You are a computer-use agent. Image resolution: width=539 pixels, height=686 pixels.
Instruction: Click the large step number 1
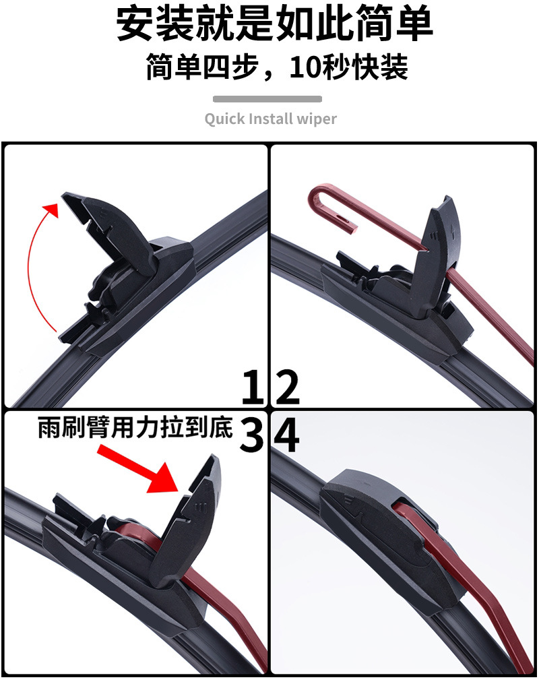tap(253, 387)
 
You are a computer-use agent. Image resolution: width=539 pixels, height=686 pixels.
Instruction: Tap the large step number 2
tap(288, 387)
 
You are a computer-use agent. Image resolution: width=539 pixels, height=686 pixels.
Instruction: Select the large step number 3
tap(252, 434)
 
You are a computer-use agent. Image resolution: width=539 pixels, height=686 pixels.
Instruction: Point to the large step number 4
tap(286, 435)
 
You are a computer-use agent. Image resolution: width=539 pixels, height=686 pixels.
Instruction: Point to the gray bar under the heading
tap(267, 99)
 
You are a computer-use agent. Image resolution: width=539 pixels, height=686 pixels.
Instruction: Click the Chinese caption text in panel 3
tap(135, 427)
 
